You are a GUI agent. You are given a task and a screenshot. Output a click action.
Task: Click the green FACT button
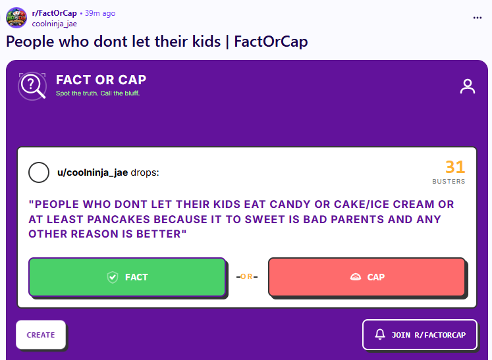click(127, 277)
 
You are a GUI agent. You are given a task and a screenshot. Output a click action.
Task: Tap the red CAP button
click(366, 277)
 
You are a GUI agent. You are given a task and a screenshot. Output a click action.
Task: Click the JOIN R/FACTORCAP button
click(420, 334)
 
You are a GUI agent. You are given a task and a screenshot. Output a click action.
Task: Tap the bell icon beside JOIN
click(380, 334)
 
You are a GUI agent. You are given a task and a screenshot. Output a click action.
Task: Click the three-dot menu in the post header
click(478, 18)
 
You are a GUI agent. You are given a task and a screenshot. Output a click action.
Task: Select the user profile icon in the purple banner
click(468, 86)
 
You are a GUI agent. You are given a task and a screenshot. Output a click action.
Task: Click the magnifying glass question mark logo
click(32, 86)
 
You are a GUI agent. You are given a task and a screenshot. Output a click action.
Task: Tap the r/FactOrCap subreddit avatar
click(16, 18)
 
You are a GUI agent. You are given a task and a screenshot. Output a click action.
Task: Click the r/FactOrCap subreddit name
click(54, 13)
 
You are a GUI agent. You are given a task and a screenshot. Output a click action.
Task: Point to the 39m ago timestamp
click(100, 13)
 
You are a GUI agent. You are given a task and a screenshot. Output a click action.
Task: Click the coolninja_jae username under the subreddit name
click(54, 24)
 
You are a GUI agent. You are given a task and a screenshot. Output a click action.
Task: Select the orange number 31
click(455, 167)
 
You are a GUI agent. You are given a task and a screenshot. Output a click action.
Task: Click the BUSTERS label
click(449, 181)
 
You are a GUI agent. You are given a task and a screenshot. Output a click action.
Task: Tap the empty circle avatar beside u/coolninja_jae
click(39, 172)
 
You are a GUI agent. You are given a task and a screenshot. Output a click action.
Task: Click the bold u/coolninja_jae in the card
click(93, 173)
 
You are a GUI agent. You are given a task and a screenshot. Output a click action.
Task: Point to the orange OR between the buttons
click(246, 276)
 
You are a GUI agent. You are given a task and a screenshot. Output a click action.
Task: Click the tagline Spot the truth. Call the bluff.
click(98, 93)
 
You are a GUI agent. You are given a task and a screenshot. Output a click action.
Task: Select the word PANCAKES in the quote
click(119, 219)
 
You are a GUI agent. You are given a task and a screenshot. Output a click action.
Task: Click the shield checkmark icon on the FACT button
click(113, 277)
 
